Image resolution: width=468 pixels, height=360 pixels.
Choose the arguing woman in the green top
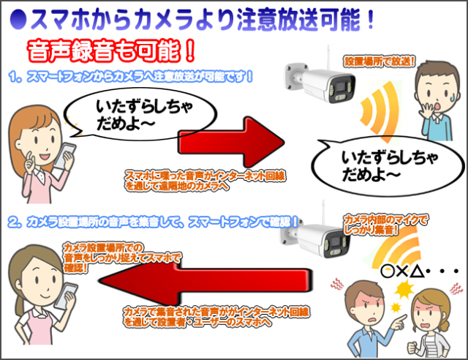[x=431, y=322]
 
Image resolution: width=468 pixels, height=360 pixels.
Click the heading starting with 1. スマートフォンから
[x=132, y=76]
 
